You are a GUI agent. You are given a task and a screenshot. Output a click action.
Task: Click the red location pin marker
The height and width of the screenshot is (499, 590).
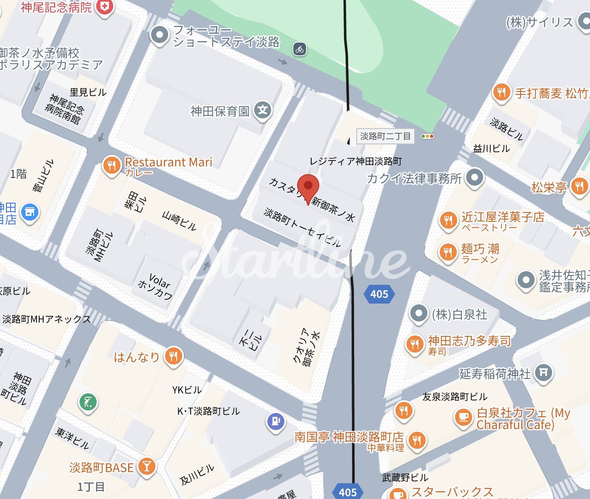308,186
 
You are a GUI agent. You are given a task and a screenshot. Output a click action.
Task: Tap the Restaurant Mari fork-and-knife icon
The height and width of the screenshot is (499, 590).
112,165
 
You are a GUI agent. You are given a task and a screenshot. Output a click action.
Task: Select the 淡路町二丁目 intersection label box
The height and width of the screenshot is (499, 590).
385,136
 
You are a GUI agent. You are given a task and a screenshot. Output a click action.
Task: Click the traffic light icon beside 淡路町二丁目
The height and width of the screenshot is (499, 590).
427,136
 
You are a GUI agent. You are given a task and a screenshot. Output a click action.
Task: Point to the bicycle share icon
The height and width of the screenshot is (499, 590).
300,49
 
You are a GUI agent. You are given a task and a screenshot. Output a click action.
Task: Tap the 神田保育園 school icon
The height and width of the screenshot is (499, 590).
263,110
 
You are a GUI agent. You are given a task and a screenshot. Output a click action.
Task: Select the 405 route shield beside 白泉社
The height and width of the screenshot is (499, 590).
379,294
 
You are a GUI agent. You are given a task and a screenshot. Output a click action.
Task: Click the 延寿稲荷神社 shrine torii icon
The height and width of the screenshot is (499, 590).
543,373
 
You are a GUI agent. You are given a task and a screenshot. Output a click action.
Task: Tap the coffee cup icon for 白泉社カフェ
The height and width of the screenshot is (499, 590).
463,417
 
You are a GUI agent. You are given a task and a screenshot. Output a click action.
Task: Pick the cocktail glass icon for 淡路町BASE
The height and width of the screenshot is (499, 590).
146,467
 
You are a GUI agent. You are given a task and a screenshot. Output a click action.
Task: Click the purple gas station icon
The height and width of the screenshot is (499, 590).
275,421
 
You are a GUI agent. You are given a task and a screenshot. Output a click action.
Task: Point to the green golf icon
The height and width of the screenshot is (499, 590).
88,402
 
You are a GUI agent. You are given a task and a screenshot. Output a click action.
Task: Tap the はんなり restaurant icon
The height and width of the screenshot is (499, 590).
173,356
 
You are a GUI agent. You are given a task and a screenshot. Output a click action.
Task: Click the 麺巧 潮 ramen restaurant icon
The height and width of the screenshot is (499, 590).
448,252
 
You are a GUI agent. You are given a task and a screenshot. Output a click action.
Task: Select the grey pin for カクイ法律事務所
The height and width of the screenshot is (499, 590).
475,177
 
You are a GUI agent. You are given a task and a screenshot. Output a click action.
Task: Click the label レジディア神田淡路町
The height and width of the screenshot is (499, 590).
355,161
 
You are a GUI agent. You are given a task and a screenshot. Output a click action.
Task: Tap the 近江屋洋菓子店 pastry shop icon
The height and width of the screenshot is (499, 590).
448,220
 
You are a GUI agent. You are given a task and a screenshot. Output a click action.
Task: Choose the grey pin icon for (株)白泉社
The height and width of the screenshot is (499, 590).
418,314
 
